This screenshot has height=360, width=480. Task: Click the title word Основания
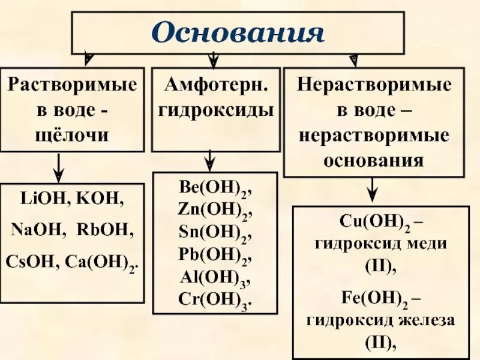coord(238,32)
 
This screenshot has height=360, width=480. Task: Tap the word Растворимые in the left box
coord(72,85)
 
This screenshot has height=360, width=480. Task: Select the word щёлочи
coord(73,135)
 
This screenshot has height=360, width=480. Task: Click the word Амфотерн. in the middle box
coord(214,85)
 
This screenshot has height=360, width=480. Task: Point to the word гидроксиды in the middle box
coord(214,110)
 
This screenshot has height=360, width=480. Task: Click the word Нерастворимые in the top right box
coord(374,85)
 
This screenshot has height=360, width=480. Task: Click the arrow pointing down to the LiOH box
coord(58,167)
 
